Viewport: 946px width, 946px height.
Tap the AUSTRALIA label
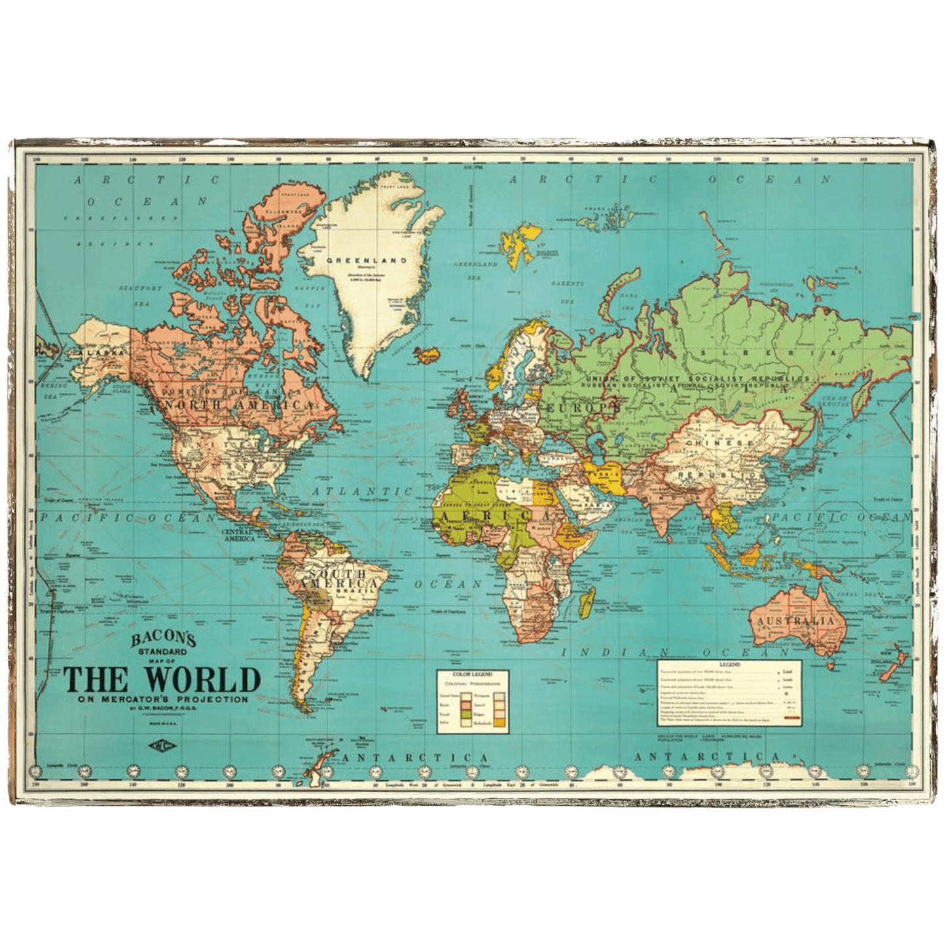point(795,621)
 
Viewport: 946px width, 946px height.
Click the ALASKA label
point(101,353)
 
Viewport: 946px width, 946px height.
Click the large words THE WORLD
point(162,680)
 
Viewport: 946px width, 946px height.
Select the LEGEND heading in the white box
point(729,664)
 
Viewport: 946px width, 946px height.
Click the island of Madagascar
point(587,601)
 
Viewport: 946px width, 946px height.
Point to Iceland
point(428,355)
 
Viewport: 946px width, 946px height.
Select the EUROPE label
point(579,408)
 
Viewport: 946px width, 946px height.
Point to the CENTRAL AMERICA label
point(238,535)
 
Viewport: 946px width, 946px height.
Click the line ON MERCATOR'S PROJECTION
point(163,699)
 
